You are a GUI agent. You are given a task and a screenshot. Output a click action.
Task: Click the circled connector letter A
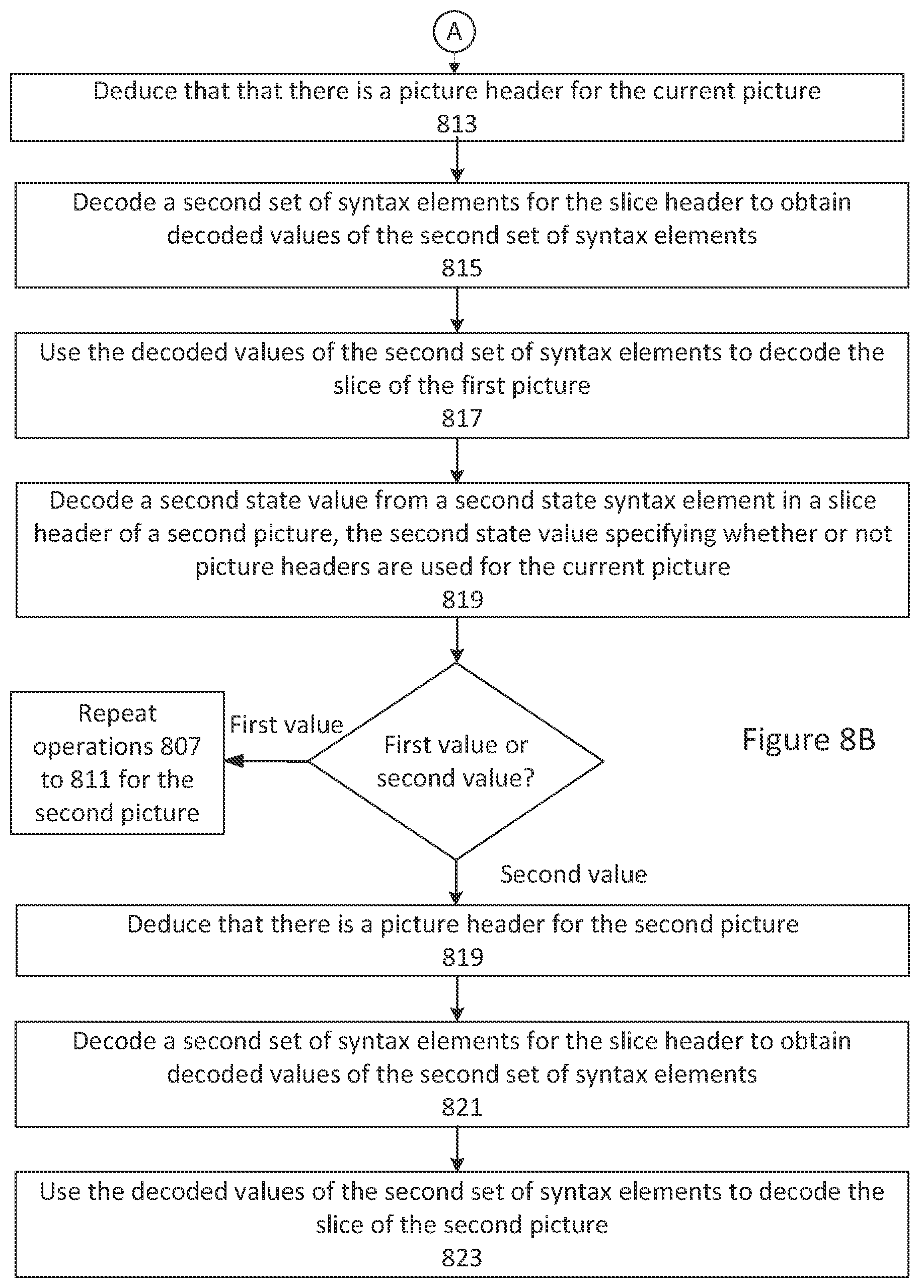click(x=454, y=32)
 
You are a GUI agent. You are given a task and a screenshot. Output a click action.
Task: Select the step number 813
click(x=456, y=123)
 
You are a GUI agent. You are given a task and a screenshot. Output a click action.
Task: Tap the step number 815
click(x=462, y=267)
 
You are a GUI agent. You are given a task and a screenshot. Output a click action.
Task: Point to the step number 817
click(x=462, y=418)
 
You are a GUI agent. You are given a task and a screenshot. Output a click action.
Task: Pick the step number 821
click(x=462, y=1107)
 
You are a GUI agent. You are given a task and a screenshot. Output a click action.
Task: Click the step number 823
click(x=462, y=1257)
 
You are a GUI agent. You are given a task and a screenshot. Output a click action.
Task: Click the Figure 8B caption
click(x=808, y=740)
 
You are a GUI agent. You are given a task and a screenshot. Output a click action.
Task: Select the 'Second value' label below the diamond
click(x=573, y=874)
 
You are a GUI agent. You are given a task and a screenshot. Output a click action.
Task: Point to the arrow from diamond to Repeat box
click(x=266, y=761)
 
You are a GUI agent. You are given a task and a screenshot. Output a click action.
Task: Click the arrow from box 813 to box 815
click(x=456, y=162)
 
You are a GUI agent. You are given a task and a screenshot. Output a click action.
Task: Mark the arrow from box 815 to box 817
click(x=456, y=310)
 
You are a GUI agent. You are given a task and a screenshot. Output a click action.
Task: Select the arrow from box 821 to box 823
click(x=456, y=1149)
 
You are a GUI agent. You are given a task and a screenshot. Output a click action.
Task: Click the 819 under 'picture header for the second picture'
click(x=463, y=957)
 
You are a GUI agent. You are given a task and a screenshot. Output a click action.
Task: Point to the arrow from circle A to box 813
click(x=454, y=63)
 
